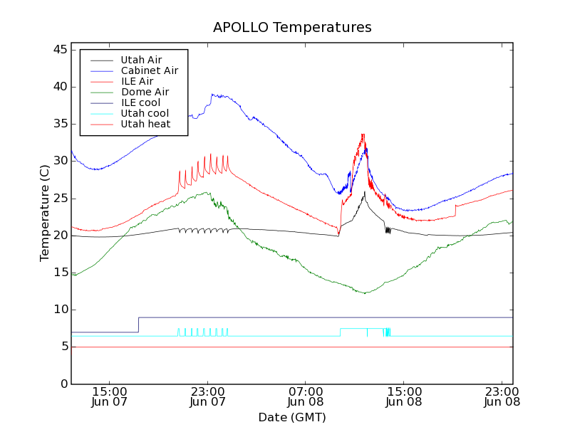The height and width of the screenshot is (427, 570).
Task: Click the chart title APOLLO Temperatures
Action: coord(292,28)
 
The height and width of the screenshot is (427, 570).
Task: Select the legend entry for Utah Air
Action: coord(141,60)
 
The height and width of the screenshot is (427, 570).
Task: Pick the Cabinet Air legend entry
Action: coord(149,70)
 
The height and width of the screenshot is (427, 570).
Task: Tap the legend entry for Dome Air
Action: coord(145,92)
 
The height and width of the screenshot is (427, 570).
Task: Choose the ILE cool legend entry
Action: coord(140,102)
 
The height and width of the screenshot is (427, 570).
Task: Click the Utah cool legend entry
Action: coord(145,113)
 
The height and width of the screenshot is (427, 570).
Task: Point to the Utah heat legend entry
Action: coord(145,124)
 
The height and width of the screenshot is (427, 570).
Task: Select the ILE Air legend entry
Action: coord(137,81)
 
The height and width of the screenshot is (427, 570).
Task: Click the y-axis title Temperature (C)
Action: coord(45,213)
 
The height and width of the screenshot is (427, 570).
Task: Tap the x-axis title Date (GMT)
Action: coord(292,417)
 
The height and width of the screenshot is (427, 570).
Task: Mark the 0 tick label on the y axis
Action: coord(62,384)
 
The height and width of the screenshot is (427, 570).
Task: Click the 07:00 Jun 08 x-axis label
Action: coord(306,396)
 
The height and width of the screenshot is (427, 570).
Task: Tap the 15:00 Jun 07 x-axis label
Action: coord(110,396)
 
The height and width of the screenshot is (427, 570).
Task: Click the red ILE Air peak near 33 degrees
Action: coord(363,135)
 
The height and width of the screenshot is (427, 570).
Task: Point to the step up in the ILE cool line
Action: coord(138,325)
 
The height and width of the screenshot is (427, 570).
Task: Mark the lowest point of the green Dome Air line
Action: coord(365,293)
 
